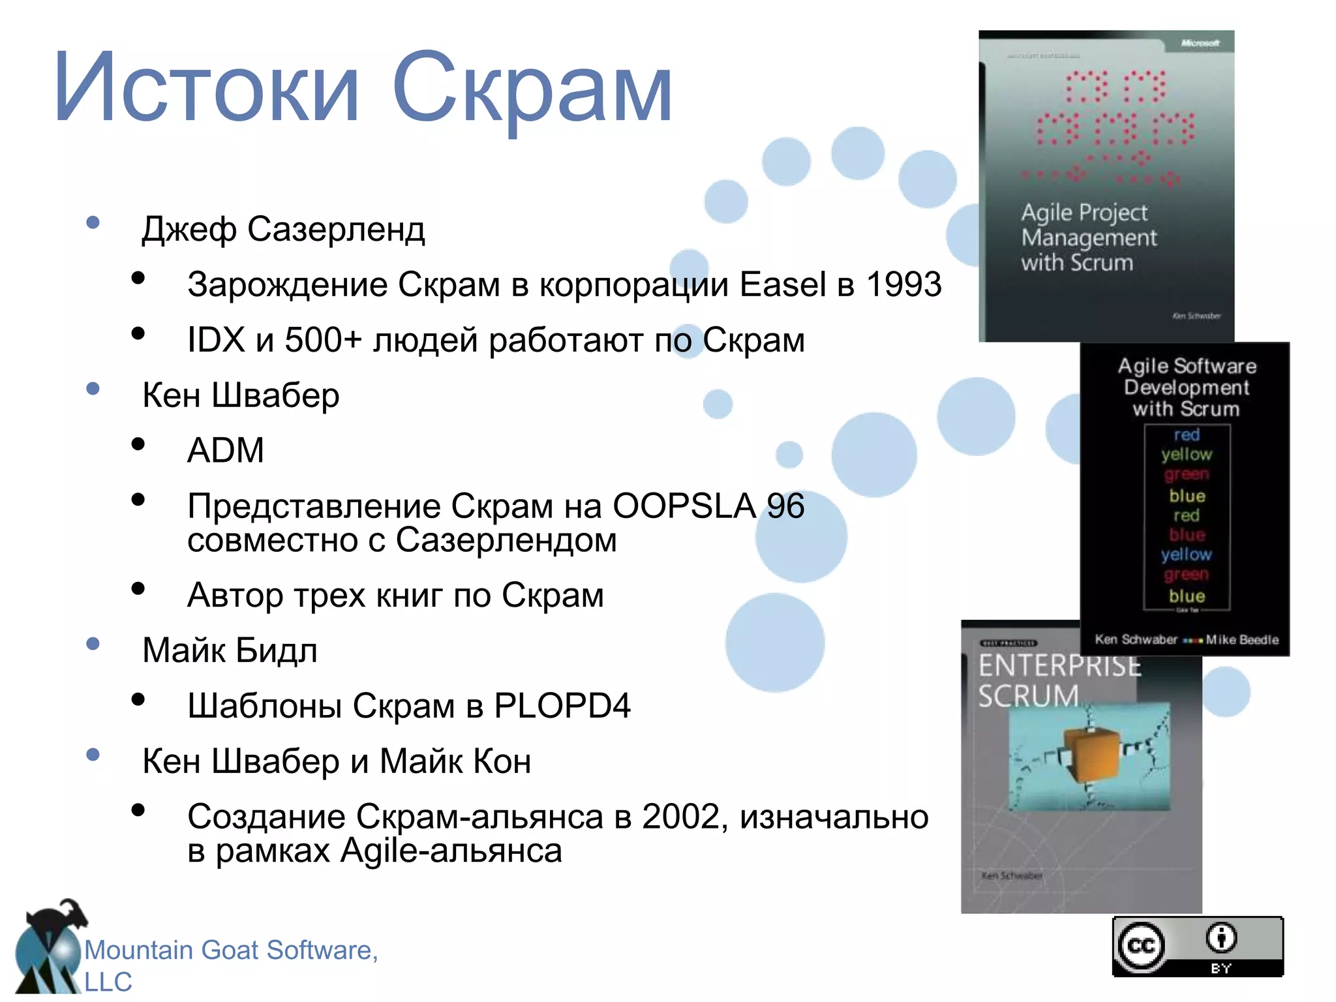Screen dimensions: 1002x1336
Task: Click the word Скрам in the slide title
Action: (x=531, y=88)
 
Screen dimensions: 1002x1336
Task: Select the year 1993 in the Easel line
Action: (x=903, y=284)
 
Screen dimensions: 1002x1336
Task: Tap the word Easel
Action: (x=783, y=284)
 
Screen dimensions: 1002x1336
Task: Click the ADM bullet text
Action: (x=226, y=450)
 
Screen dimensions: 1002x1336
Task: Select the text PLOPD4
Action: (x=562, y=705)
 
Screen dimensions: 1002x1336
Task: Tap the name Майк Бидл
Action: (x=230, y=650)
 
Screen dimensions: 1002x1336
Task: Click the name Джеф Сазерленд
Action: (x=283, y=230)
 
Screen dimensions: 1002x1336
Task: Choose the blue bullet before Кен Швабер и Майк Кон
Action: (x=93, y=755)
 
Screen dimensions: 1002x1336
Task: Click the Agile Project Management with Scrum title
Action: (x=1088, y=237)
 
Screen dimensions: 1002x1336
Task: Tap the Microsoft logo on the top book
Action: (x=1200, y=43)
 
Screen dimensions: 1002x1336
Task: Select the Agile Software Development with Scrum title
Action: (x=1187, y=387)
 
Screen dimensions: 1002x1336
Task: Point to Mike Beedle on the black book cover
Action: (x=1242, y=639)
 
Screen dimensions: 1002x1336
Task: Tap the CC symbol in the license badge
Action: (x=1142, y=945)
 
